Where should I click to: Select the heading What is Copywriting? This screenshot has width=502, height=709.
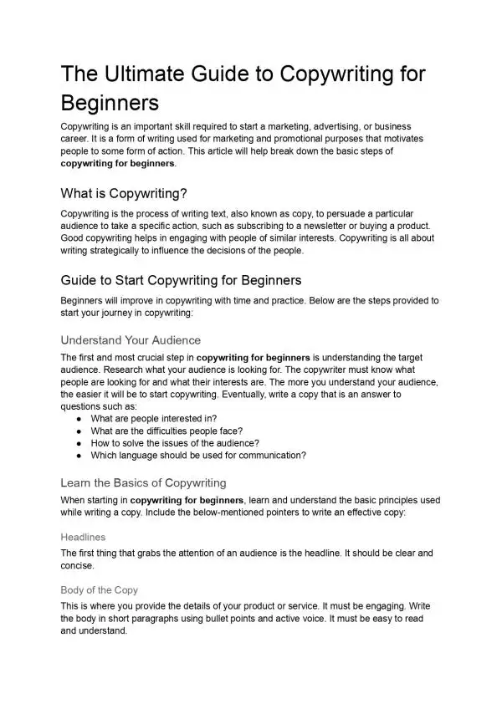pyautogui.click(x=124, y=193)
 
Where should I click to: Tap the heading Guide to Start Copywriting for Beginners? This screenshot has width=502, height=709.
pyautogui.click(x=182, y=279)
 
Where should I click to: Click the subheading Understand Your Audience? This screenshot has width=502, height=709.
pyautogui.click(x=131, y=340)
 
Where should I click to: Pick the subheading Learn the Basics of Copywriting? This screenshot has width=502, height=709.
pyautogui.click(x=144, y=482)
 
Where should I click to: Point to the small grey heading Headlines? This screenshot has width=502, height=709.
pyautogui.click(x=84, y=537)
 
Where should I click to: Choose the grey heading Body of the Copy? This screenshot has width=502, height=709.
pyautogui.click(x=99, y=589)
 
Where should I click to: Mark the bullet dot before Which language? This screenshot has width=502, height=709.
pyautogui.click(x=78, y=456)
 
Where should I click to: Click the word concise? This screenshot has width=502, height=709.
pyautogui.click(x=78, y=565)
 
